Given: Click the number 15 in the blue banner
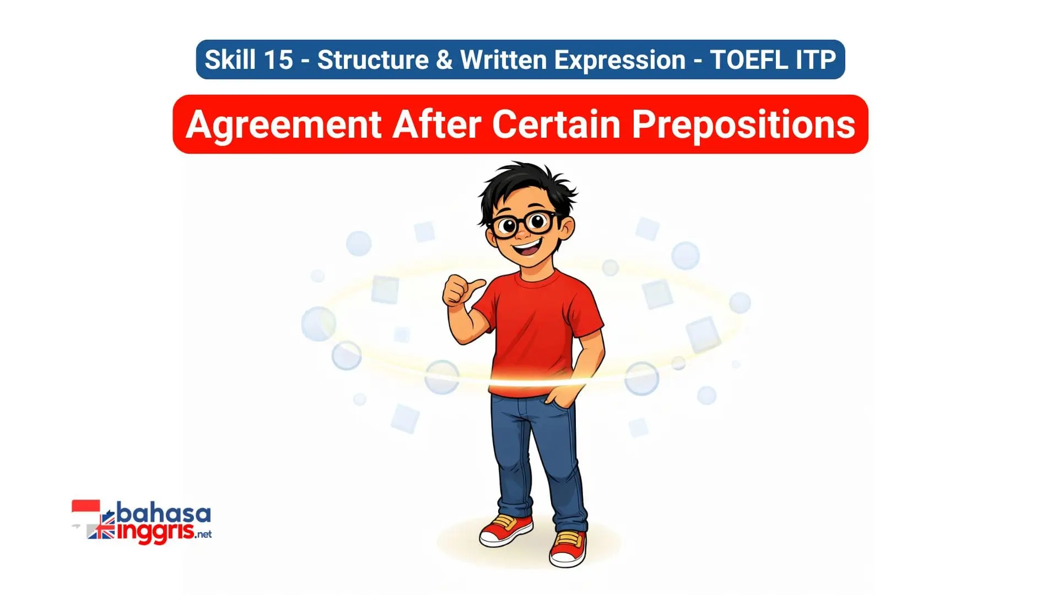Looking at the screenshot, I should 278,59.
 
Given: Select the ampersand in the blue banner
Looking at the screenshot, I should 444,59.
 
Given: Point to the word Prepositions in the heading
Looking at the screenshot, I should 743,125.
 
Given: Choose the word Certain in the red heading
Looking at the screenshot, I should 557,125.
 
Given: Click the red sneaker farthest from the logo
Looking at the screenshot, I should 568,548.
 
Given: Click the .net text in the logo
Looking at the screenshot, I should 203,534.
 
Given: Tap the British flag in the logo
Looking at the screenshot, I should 101,531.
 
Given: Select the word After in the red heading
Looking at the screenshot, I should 436,125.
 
